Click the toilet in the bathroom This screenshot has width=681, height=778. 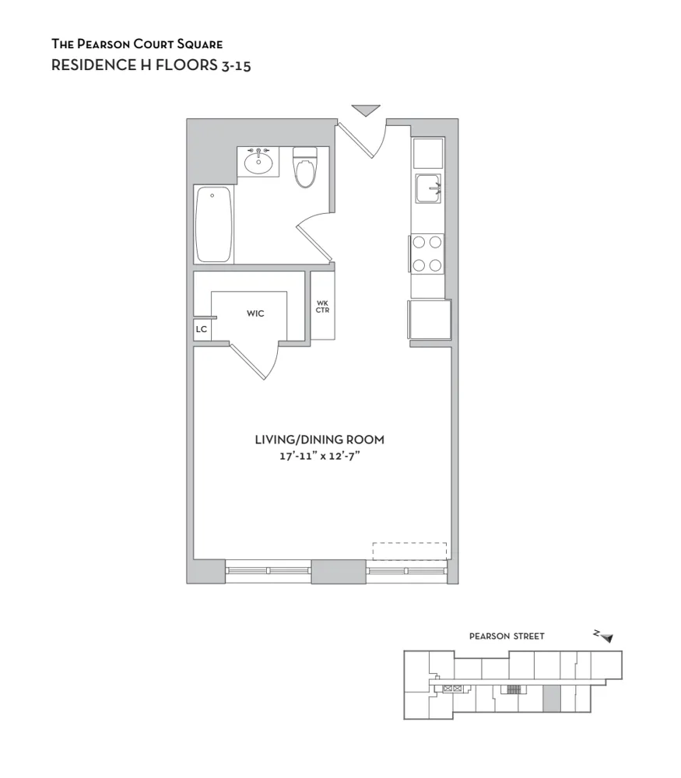[305, 168]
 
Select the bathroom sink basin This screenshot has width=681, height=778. [258, 163]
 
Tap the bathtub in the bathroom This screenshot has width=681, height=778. [213, 225]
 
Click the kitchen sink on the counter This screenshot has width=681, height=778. [427, 188]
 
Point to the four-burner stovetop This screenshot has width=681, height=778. [427, 254]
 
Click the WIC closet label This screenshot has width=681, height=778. [255, 314]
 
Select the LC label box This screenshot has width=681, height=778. [202, 330]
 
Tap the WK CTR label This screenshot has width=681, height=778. [322, 306]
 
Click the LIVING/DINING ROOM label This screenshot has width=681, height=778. [319, 440]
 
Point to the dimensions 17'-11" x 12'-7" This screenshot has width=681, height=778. [319, 456]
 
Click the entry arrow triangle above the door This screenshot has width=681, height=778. [365, 110]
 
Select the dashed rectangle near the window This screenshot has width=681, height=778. [409, 551]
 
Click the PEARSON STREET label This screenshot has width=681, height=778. [507, 636]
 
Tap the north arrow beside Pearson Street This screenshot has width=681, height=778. [604, 636]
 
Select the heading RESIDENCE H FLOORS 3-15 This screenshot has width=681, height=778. [150, 65]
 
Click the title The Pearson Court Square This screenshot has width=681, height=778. [136, 44]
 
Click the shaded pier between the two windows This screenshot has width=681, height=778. [338, 572]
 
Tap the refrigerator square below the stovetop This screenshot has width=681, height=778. [430, 319]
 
